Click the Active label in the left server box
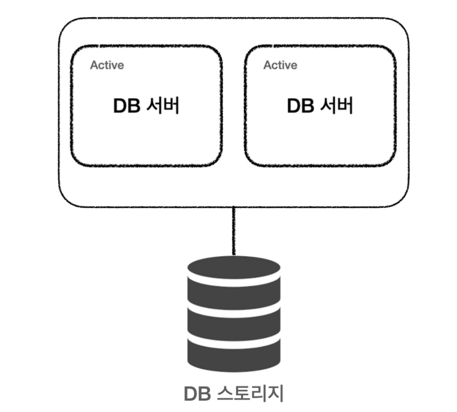point(107,65)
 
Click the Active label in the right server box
point(280,65)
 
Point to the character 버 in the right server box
point(344,106)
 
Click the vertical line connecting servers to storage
point(233,231)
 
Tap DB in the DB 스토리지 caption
point(198,393)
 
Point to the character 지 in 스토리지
point(274,393)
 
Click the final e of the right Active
point(294,66)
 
